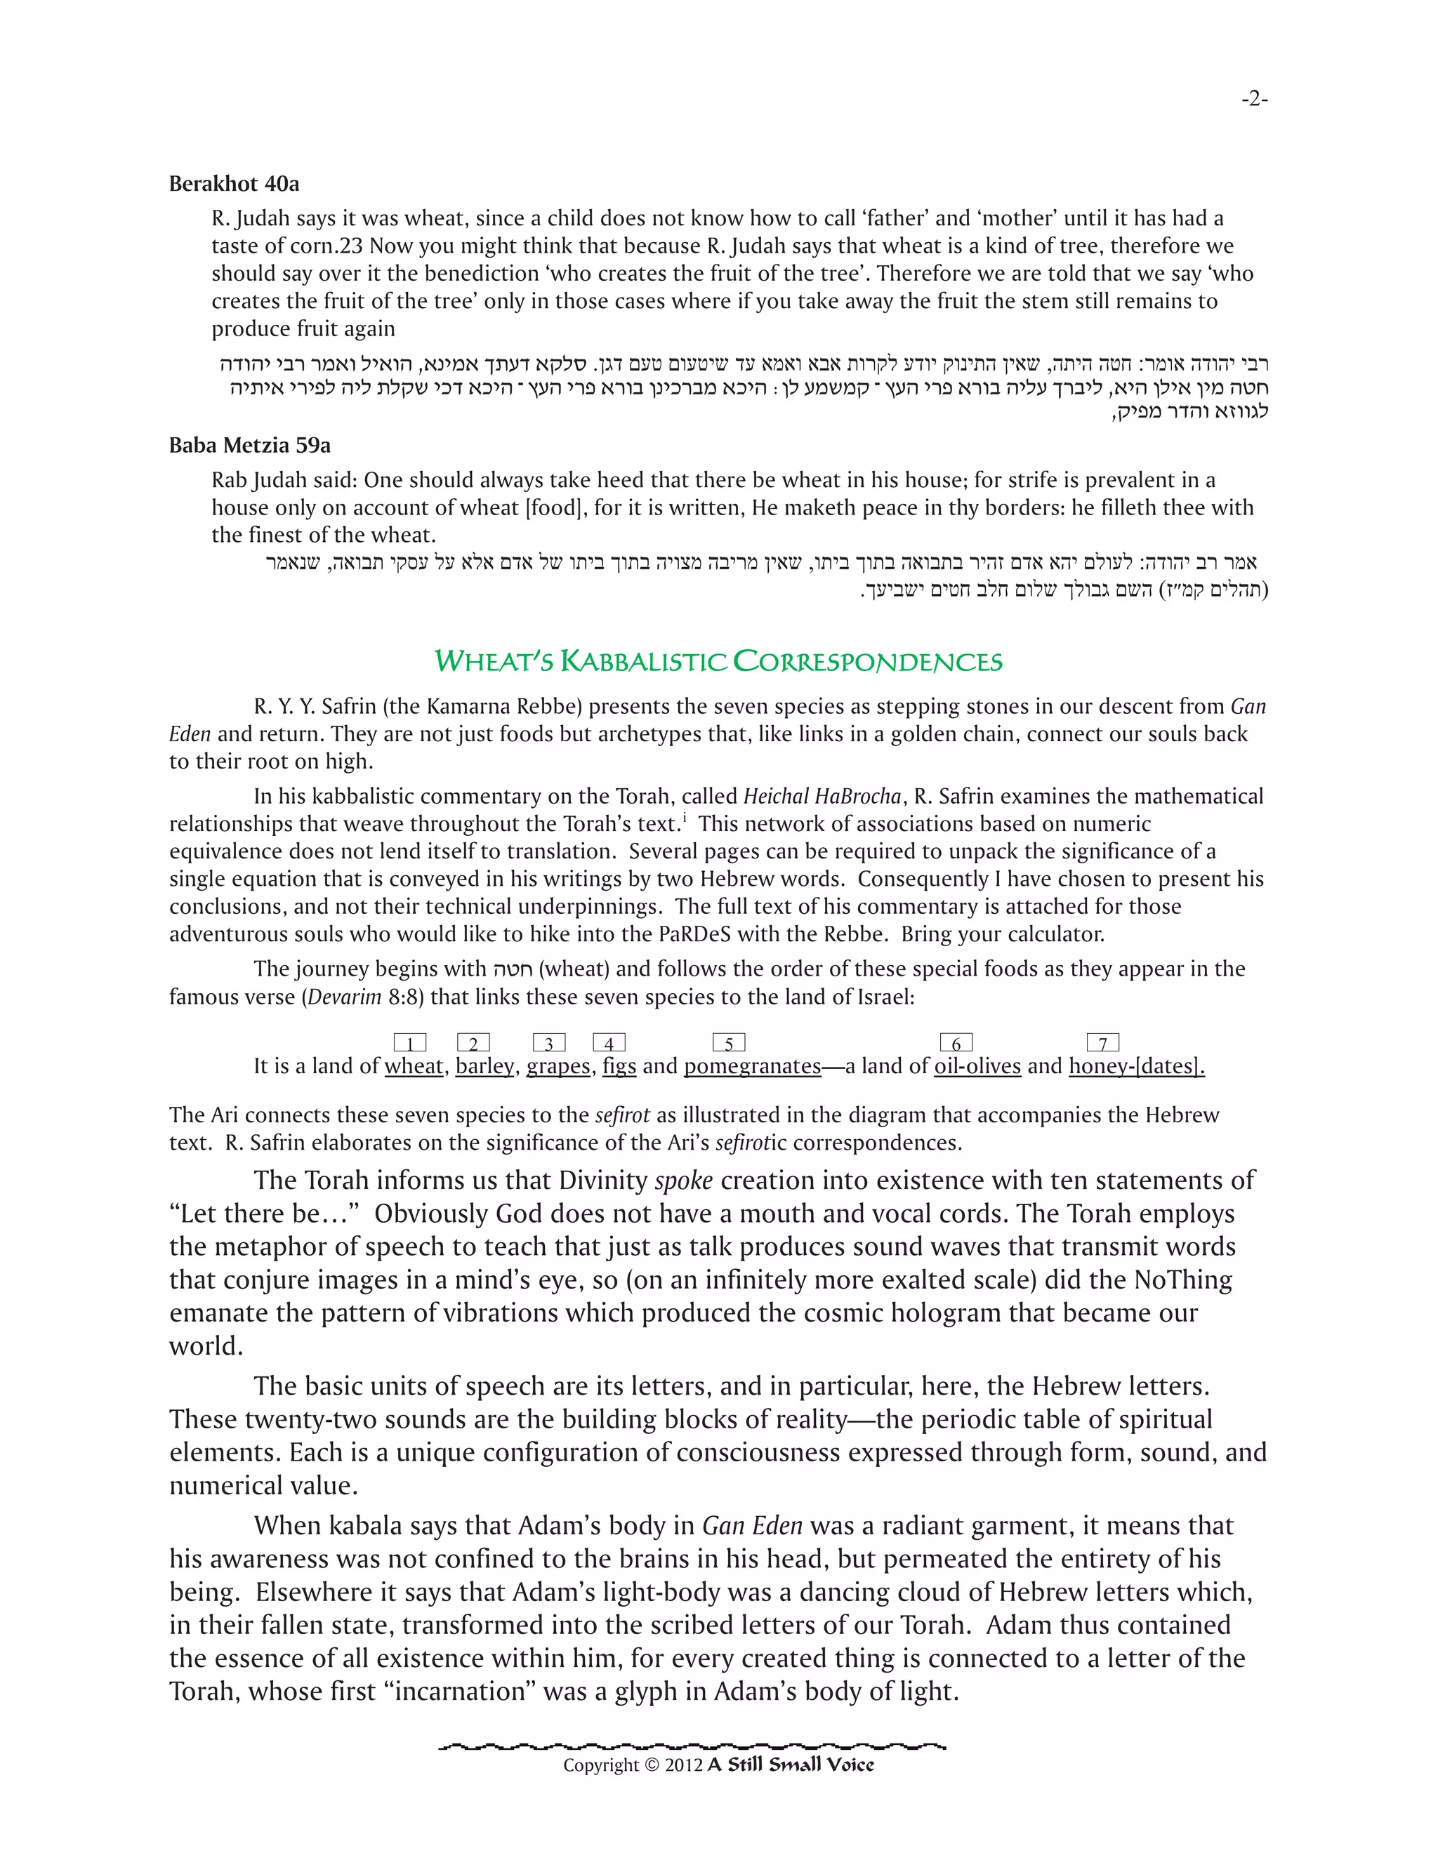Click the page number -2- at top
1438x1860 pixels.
[1254, 100]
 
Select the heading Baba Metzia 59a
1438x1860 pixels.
[249, 446]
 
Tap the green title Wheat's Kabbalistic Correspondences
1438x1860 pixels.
[718, 661]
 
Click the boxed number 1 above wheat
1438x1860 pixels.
[410, 1043]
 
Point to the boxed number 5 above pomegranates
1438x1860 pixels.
[728, 1043]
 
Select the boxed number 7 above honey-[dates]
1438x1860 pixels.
[1102, 1043]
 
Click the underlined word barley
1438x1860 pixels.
[484, 1066]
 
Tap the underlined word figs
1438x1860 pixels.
[619, 1066]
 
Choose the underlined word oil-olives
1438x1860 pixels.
[977, 1066]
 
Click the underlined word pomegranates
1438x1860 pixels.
[751, 1066]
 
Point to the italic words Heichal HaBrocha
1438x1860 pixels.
[822, 797]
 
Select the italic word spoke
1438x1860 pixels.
[683, 1181]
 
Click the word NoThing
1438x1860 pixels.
[1182, 1280]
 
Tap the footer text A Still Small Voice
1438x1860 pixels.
[791, 1765]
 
